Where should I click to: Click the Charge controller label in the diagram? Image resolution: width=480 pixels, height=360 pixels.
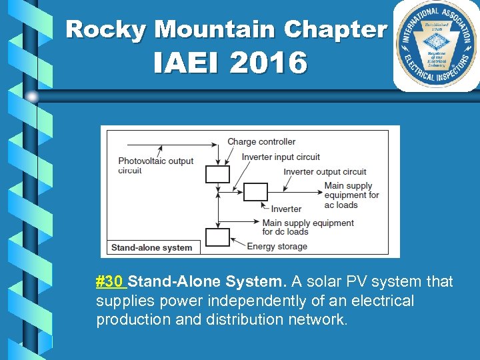coord(261,141)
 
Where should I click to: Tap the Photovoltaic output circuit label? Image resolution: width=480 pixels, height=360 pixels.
coord(155,165)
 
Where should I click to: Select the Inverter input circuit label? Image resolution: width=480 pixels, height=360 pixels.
coord(281,157)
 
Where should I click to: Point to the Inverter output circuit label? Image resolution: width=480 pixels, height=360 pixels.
coord(325,172)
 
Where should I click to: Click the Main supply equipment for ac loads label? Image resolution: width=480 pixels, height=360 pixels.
coord(351,195)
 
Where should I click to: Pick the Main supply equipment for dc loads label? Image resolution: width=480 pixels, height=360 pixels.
coord(308,227)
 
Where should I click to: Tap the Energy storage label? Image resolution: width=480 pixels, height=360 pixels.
coord(277,246)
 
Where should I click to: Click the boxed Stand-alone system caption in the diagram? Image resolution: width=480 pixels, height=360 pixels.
coord(151,247)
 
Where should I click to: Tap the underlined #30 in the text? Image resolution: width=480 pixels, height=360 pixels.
coord(110,282)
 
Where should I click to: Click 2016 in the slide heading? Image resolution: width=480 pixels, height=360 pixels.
coord(269,64)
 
